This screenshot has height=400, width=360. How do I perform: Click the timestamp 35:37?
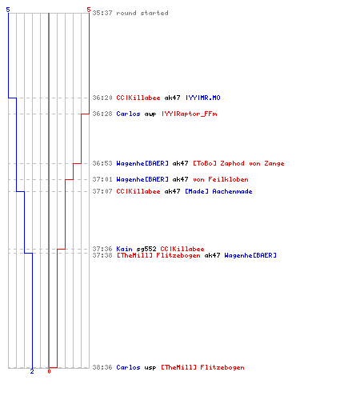coord(102,13)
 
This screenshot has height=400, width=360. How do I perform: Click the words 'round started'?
coord(142,13)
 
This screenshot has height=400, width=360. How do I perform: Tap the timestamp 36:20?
coord(102,98)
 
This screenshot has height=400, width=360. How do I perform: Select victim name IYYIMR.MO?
coord(203,98)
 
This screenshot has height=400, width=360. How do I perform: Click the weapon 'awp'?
coord(150,114)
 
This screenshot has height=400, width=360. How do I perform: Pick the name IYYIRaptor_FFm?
coord(190,114)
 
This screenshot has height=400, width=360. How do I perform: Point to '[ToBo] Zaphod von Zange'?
coord(238,163)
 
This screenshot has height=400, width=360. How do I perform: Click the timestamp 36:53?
coord(102,163)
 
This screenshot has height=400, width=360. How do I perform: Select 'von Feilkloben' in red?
coord(221,179)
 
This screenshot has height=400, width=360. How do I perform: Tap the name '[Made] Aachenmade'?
coord(218,191)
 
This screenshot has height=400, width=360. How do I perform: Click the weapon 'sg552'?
coord(146,249)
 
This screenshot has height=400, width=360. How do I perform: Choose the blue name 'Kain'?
coord(124,249)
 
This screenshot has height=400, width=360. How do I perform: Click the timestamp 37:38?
coord(102,255)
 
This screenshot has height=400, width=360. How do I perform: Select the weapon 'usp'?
coord(150,368)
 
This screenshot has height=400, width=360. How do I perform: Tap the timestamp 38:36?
coord(102,367)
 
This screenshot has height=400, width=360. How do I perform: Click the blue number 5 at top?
coord(8,10)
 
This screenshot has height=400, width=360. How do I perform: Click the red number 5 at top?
coord(89,10)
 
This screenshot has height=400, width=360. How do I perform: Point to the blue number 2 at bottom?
coord(32,371)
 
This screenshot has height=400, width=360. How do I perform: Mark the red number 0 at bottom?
coord(49,371)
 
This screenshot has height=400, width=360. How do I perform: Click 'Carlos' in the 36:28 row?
coord(128,114)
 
